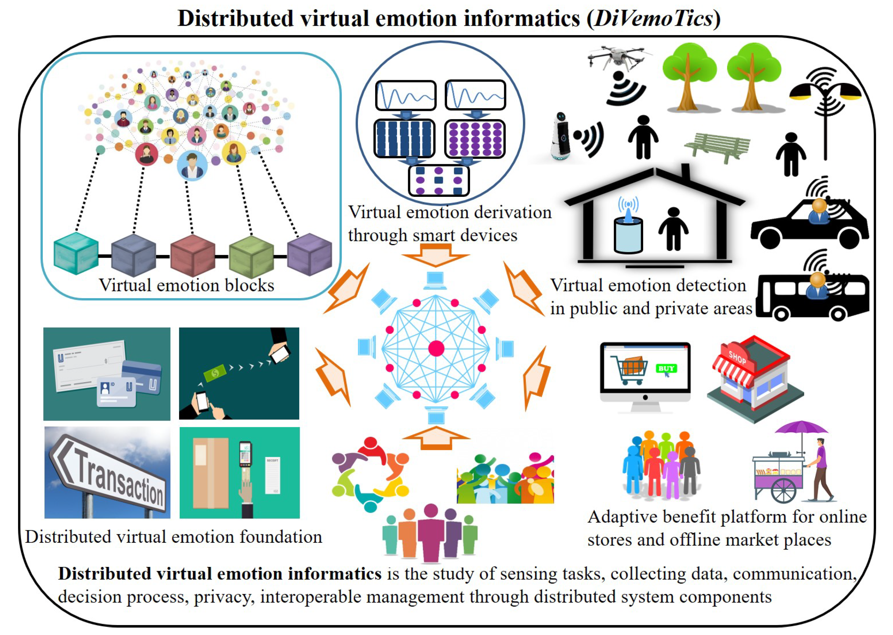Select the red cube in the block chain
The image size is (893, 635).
point(193,255)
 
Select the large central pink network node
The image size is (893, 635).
point(436,348)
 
